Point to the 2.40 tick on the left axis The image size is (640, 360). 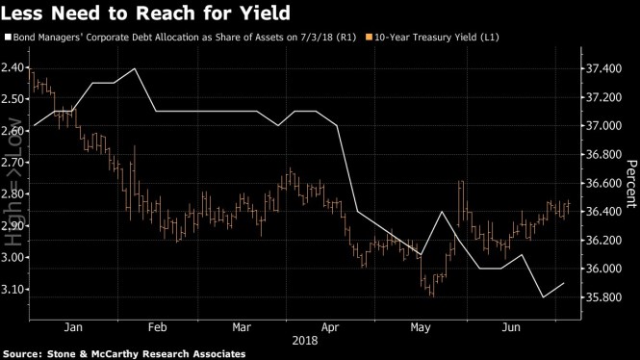(14, 68)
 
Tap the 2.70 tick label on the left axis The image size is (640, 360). (14, 164)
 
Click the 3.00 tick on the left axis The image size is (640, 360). (14, 258)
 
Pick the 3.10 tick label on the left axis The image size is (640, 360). (14, 290)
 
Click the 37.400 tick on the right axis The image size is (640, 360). (604, 68)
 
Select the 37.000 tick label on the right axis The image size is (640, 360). (604, 125)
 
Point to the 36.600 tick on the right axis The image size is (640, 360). (604, 183)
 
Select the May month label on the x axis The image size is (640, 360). (420, 326)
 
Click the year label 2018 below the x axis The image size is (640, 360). (306, 341)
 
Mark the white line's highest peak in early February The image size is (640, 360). (136, 68)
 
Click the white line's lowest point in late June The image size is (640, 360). (544, 297)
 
